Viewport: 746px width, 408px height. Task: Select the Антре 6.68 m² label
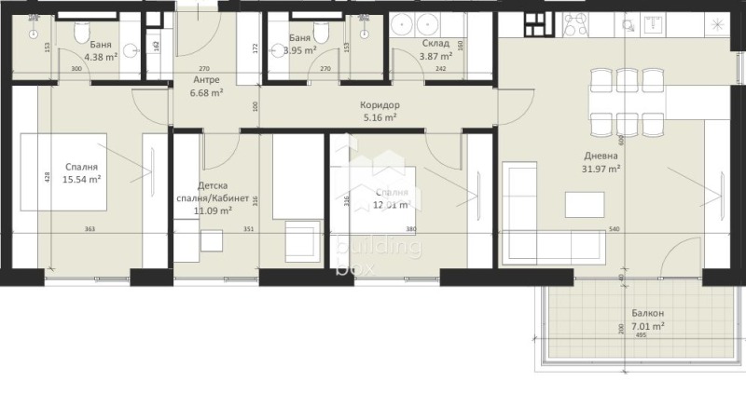pyautogui.click(x=206, y=86)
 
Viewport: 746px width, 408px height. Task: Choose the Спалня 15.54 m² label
pyautogui.click(x=82, y=172)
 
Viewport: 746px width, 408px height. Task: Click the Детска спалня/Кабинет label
pyautogui.click(x=212, y=198)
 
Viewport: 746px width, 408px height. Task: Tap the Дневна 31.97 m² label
pyautogui.click(x=600, y=162)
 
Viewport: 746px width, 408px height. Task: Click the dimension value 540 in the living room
pyautogui.click(x=615, y=229)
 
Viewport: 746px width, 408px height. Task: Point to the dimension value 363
pyautogui.click(x=90, y=229)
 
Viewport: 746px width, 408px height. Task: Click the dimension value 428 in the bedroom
pyautogui.click(x=46, y=180)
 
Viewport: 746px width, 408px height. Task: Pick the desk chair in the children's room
pyautogui.click(x=212, y=240)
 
